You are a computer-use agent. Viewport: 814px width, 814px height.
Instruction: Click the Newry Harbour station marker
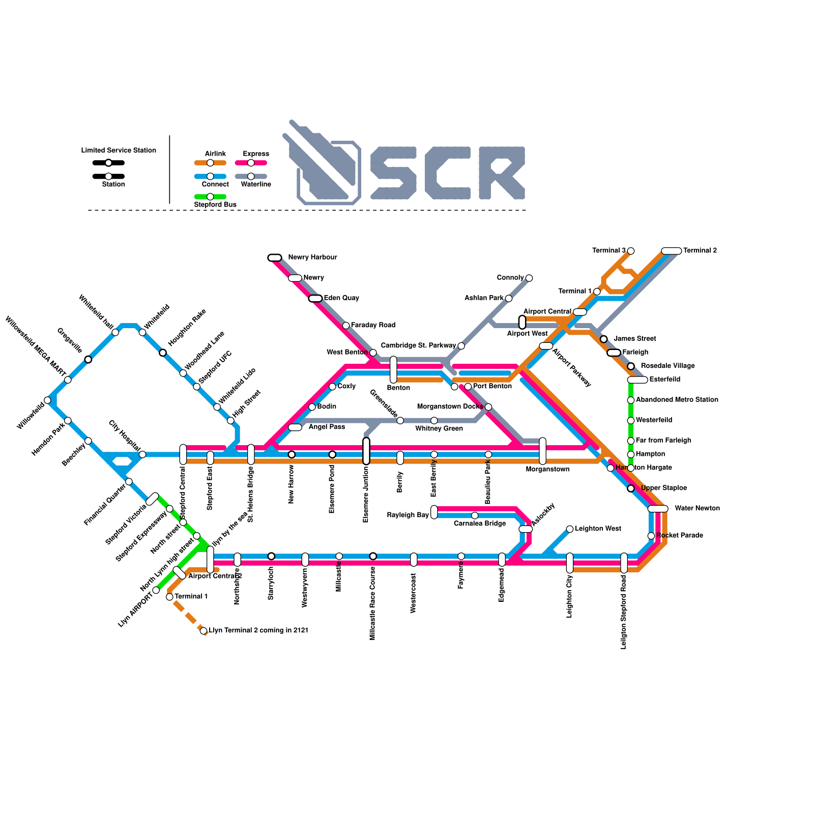[x=275, y=257]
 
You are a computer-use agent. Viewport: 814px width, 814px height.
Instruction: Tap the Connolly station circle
[x=529, y=278]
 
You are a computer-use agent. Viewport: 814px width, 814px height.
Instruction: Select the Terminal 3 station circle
[x=631, y=251]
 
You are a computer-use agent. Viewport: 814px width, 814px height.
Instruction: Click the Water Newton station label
[x=697, y=508]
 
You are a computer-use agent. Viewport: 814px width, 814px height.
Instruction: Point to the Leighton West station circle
[x=570, y=529]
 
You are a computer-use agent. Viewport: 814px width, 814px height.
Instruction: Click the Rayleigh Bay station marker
[x=434, y=512]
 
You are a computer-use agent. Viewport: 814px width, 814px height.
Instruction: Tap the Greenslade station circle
[x=400, y=420]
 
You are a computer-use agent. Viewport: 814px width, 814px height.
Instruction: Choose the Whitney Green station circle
[x=434, y=420]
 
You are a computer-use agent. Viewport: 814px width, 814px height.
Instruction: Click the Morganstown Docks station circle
[x=488, y=406]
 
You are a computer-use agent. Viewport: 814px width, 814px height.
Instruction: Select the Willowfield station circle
[x=47, y=400]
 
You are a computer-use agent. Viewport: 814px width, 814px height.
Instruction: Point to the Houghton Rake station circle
[x=163, y=353]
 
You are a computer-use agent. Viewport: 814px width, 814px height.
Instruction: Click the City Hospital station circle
[x=142, y=454]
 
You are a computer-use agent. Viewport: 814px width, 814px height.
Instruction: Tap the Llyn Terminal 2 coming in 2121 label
[x=258, y=630]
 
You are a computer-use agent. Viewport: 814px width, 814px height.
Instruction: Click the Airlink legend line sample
[x=210, y=163]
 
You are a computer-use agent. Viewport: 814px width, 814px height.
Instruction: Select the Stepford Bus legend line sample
[x=210, y=196]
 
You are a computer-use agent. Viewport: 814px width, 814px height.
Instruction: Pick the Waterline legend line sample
[x=251, y=176]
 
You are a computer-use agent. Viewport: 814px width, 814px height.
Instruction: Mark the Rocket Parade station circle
[x=651, y=536]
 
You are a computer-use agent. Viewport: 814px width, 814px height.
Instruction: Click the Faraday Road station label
[x=373, y=325]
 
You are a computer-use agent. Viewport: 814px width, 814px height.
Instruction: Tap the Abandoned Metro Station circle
[x=631, y=400]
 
